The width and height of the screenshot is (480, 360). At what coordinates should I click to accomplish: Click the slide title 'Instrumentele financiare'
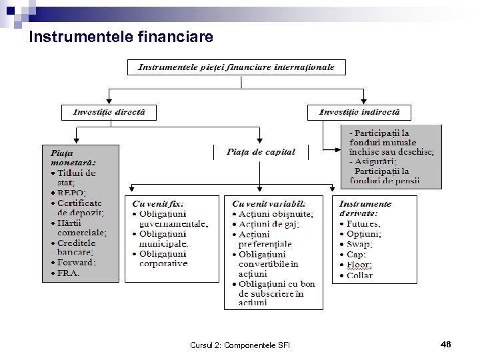pos(121,38)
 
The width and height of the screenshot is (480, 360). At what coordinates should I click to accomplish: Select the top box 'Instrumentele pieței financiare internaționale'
pos(241,67)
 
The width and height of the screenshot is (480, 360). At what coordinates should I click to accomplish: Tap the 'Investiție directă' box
pos(109,112)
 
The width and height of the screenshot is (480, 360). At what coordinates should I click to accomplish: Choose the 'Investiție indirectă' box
pos(359,112)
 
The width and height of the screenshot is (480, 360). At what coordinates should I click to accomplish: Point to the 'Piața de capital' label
pos(261,152)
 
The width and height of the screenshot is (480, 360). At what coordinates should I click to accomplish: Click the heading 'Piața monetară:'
pos(74,157)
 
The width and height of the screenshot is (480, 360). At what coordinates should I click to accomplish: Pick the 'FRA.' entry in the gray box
pos(69,273)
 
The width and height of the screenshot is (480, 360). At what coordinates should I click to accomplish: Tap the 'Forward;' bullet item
pos(77,263)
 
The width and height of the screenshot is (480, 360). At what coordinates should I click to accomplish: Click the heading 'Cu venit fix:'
pos(158,203)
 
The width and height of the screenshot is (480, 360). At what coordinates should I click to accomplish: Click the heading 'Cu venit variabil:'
pos(269,203)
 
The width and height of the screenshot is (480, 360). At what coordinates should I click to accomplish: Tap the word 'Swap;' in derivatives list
pos(360,245)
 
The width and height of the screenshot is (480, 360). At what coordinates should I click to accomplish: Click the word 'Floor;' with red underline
pos(360,265)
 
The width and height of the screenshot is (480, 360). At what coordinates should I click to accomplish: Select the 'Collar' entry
pos(361,275)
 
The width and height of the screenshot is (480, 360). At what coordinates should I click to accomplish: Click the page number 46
pos(446,344)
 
